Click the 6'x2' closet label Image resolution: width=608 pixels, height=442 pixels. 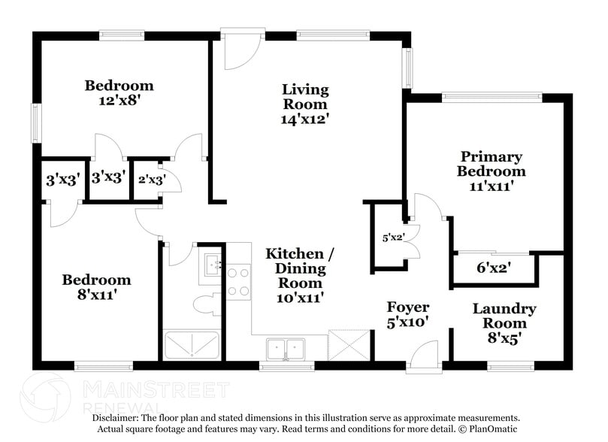point(494,266)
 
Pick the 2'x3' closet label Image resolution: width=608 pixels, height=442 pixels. point(152,180)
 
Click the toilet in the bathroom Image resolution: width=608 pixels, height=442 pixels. point(205,304)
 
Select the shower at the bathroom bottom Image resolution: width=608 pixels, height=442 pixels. point(192,345)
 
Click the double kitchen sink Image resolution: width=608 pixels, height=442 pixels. point(286,348)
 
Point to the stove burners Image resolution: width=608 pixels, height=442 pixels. point(239,282)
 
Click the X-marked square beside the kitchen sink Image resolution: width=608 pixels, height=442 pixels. point(349,345)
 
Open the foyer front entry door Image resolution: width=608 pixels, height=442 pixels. point(425,354)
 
